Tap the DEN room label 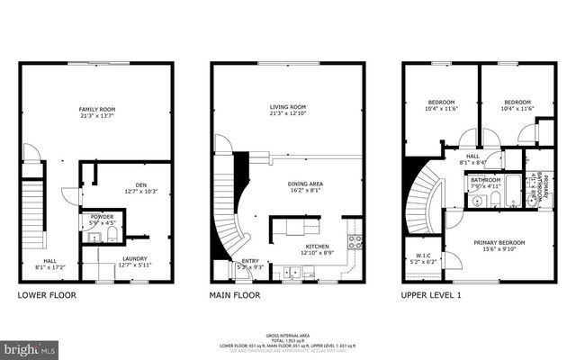click(140, 185)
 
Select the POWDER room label click(102, 217)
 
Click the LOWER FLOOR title click(47, 295)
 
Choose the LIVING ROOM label click(288, 107)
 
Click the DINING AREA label click(305, 184)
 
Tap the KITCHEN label click(316, 247)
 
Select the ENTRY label click(249, 261)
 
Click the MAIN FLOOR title click(235, 295)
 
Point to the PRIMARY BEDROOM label click(499, 243)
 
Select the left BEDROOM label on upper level click(441, 102)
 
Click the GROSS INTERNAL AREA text click(288, 334)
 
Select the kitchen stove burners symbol click(355, 240)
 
